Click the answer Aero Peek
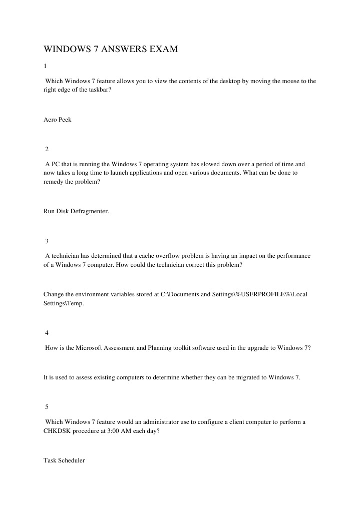click(58, 119)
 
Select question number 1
click(45, 66)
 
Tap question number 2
click(47, 149)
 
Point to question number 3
click(47, 241)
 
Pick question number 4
click(47, 333)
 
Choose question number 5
click(47, 407)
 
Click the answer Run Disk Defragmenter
click(76, 211)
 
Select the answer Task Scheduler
click(64, 460)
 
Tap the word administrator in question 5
click(154, 421)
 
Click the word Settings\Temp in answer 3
click(64, 303)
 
